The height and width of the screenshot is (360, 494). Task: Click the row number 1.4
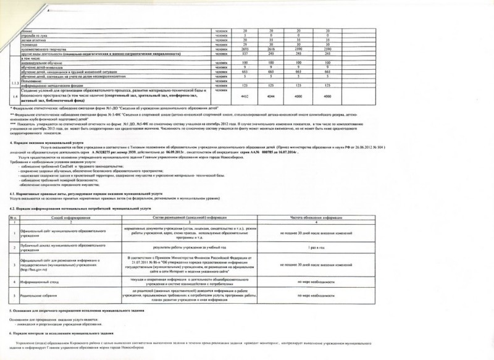tap(13, 96)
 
